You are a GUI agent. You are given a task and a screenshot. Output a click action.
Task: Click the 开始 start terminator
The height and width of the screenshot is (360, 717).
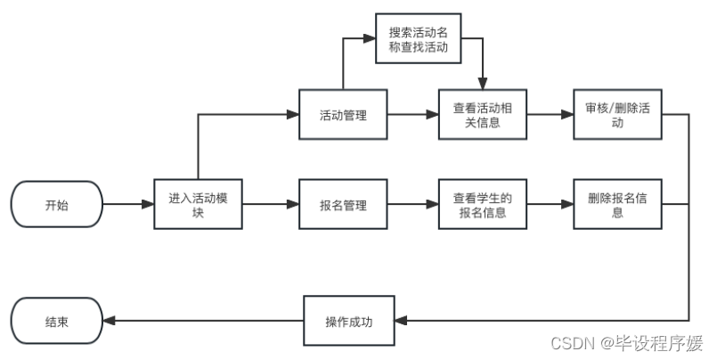[x=56, y=205]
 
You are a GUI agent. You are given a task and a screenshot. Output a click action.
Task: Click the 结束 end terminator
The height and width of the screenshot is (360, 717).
[x=56, y=321]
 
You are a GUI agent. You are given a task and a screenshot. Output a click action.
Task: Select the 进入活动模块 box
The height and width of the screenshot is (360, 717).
[x=197, y=205]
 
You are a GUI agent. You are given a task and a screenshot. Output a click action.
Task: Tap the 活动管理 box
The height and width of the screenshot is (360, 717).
[x=343, y=115]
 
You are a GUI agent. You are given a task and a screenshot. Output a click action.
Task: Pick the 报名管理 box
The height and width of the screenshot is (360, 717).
[x=343, y=205]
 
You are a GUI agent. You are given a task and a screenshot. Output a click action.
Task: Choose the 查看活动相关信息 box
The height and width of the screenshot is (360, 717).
[x=483, y=115]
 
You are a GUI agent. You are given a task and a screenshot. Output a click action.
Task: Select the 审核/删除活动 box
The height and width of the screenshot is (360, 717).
[x=617, y=115]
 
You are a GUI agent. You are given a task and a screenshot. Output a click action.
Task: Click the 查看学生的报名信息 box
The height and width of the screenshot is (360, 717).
[x=483, y=205]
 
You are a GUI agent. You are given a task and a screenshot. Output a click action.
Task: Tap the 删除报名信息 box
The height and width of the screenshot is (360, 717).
[x=617, y=205]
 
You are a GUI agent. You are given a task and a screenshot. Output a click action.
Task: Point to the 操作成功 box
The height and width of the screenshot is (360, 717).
[x=348, y=321]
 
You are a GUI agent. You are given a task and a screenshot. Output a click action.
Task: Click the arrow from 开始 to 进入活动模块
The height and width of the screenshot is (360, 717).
[x=127, y=205]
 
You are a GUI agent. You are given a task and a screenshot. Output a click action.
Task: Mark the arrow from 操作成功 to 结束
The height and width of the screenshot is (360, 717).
[x=202, y=321]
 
